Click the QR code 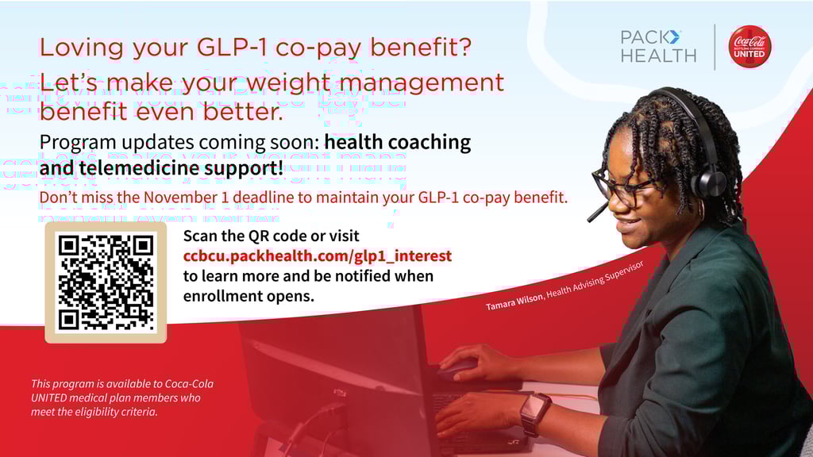(106, 282)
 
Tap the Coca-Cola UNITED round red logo (749, 46)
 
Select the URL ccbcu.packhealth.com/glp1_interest (317, 255)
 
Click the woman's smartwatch (534, 411)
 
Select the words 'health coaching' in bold (398, 143)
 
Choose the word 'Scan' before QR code (200, 236)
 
